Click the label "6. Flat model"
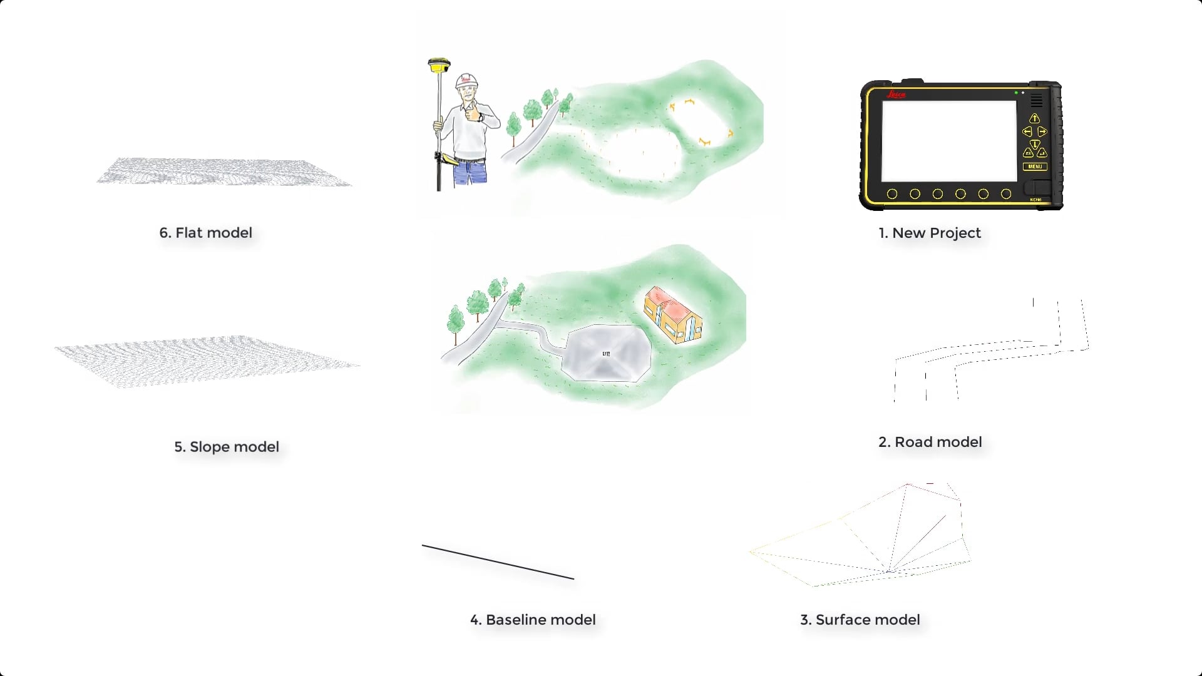(x=205, y=233)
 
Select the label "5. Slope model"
(x=227, y=447)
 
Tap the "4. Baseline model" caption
(x=533, y=620)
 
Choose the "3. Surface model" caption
(x=860, y=620)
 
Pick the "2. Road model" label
(x=930, y=442)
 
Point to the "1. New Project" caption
(x=929, y=233)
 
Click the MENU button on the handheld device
(x=1035, y=166)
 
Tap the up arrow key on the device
(x=1034, y=118)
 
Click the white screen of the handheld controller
(x=948, y=141)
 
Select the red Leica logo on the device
(x=896, y=95)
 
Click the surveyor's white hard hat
(x=467, y=81)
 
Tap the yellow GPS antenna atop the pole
(x=439, y=64)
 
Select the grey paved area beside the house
(x=606, y=354)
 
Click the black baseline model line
(x=498, y=562)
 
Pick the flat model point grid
(x=224, y=172)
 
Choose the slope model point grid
(x=207, y=361)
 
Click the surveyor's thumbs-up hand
(x=480, y=115)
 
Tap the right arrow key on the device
(x=1042, y=131)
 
